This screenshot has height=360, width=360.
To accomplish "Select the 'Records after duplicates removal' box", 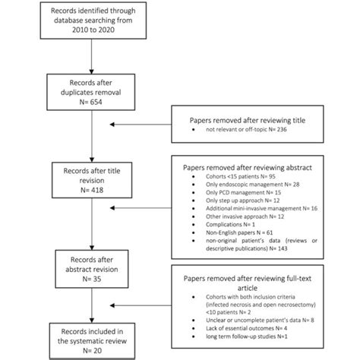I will [x=91, y=92].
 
